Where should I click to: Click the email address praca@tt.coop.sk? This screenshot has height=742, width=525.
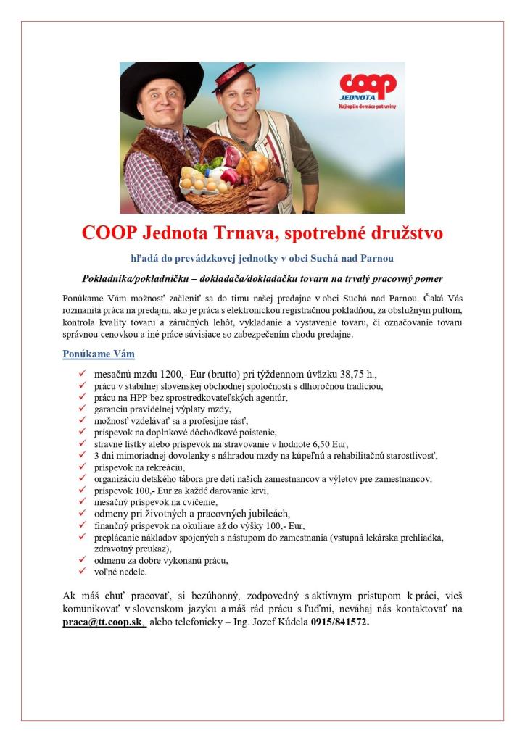click(x=103, y=622)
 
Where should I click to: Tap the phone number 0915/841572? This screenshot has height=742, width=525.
click(x=339, y=622)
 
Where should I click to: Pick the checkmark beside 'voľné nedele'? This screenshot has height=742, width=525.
click(x=82, y=572)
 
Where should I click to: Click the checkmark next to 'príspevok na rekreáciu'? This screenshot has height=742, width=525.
click(x=82, y=467)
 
